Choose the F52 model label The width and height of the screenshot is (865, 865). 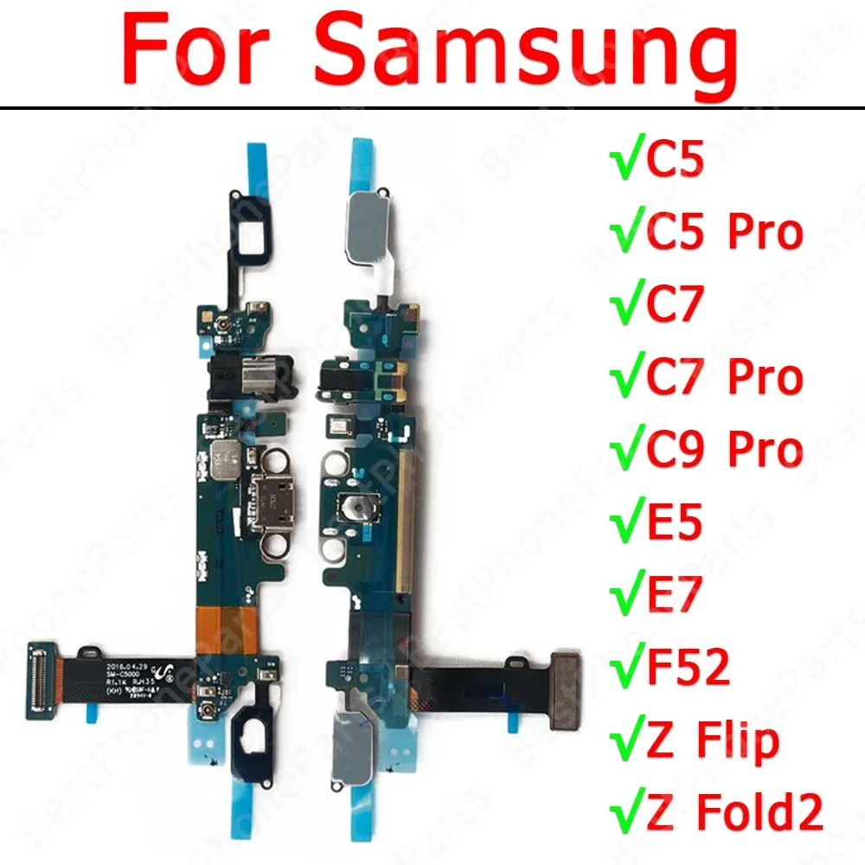pos(680,670)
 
